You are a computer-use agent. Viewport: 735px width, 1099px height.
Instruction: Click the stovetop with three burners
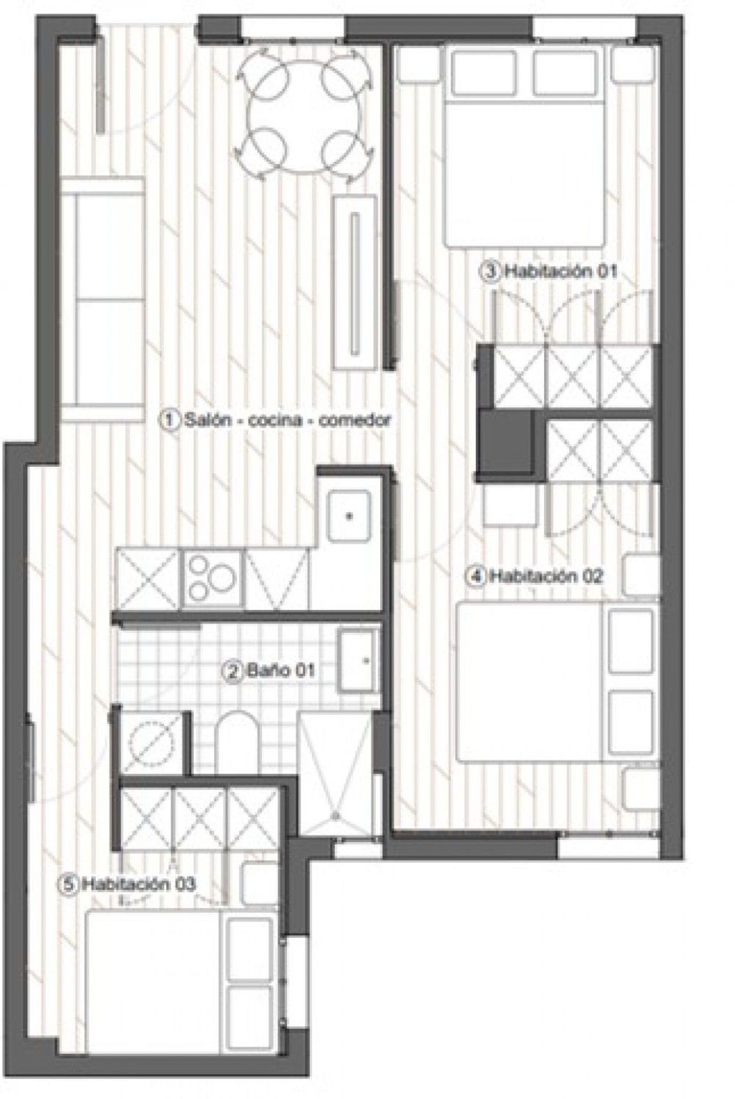(x=213, y=579)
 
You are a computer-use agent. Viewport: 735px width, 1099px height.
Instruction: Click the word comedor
(x=355, y=420)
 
